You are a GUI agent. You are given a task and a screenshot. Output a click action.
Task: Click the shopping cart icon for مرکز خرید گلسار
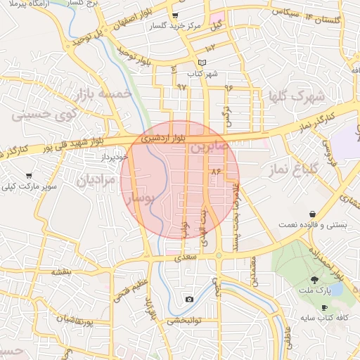point(175,15)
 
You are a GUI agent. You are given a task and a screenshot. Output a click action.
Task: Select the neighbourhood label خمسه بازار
point(107,93)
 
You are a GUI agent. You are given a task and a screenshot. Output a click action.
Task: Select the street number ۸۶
point(215,172)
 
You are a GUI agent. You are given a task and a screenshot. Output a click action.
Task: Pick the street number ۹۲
point(182,87)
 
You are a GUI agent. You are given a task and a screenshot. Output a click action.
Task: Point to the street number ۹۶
point(228,87)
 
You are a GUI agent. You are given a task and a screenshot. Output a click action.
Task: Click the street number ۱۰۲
point(211,47)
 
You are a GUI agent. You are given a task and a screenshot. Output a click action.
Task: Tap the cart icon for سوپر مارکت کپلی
point(29,175)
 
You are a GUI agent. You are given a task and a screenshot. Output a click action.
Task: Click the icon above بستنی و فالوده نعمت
point(311,214)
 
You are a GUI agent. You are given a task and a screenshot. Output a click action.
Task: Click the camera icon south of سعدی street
point(189,300)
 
